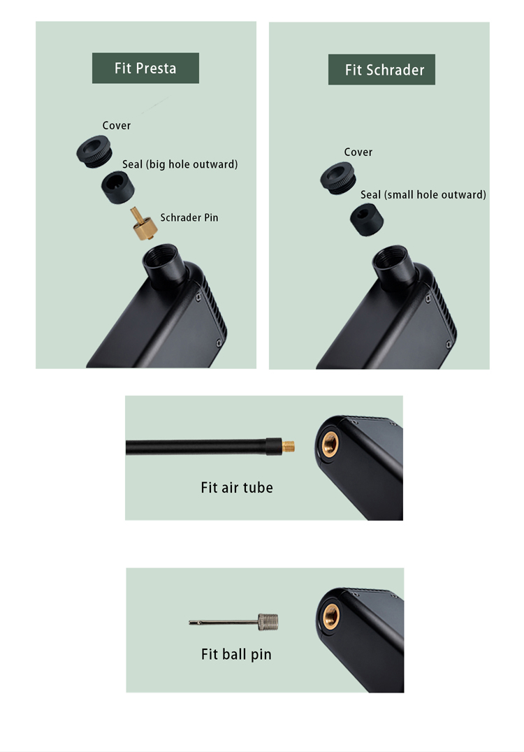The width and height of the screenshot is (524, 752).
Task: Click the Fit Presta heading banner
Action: click(145, 68)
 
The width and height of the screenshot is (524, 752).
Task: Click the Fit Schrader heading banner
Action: click(381, 70)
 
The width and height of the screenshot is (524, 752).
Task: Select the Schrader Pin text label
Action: click(189, 218)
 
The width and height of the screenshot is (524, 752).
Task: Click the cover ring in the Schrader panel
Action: click(338, 178)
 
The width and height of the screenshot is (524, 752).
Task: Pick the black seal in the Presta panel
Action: click(117, 187)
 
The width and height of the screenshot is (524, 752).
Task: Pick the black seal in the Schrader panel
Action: click(366, 219)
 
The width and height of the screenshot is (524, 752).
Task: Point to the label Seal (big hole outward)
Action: click(180, 164)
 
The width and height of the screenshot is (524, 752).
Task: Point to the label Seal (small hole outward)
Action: click(423, 195)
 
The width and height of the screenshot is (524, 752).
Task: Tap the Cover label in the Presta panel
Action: click(117, 126)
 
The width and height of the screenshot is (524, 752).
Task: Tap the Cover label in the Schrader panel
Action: click(358, 152)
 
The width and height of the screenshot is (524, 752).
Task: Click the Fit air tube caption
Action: click(237, 488)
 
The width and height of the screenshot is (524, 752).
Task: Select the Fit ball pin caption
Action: click(236, 654)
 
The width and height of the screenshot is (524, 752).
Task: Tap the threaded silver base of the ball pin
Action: click(268, 622)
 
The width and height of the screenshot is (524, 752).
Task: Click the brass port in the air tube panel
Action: click(330, 444)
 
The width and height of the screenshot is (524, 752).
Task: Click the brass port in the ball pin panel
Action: click(330, 616)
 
